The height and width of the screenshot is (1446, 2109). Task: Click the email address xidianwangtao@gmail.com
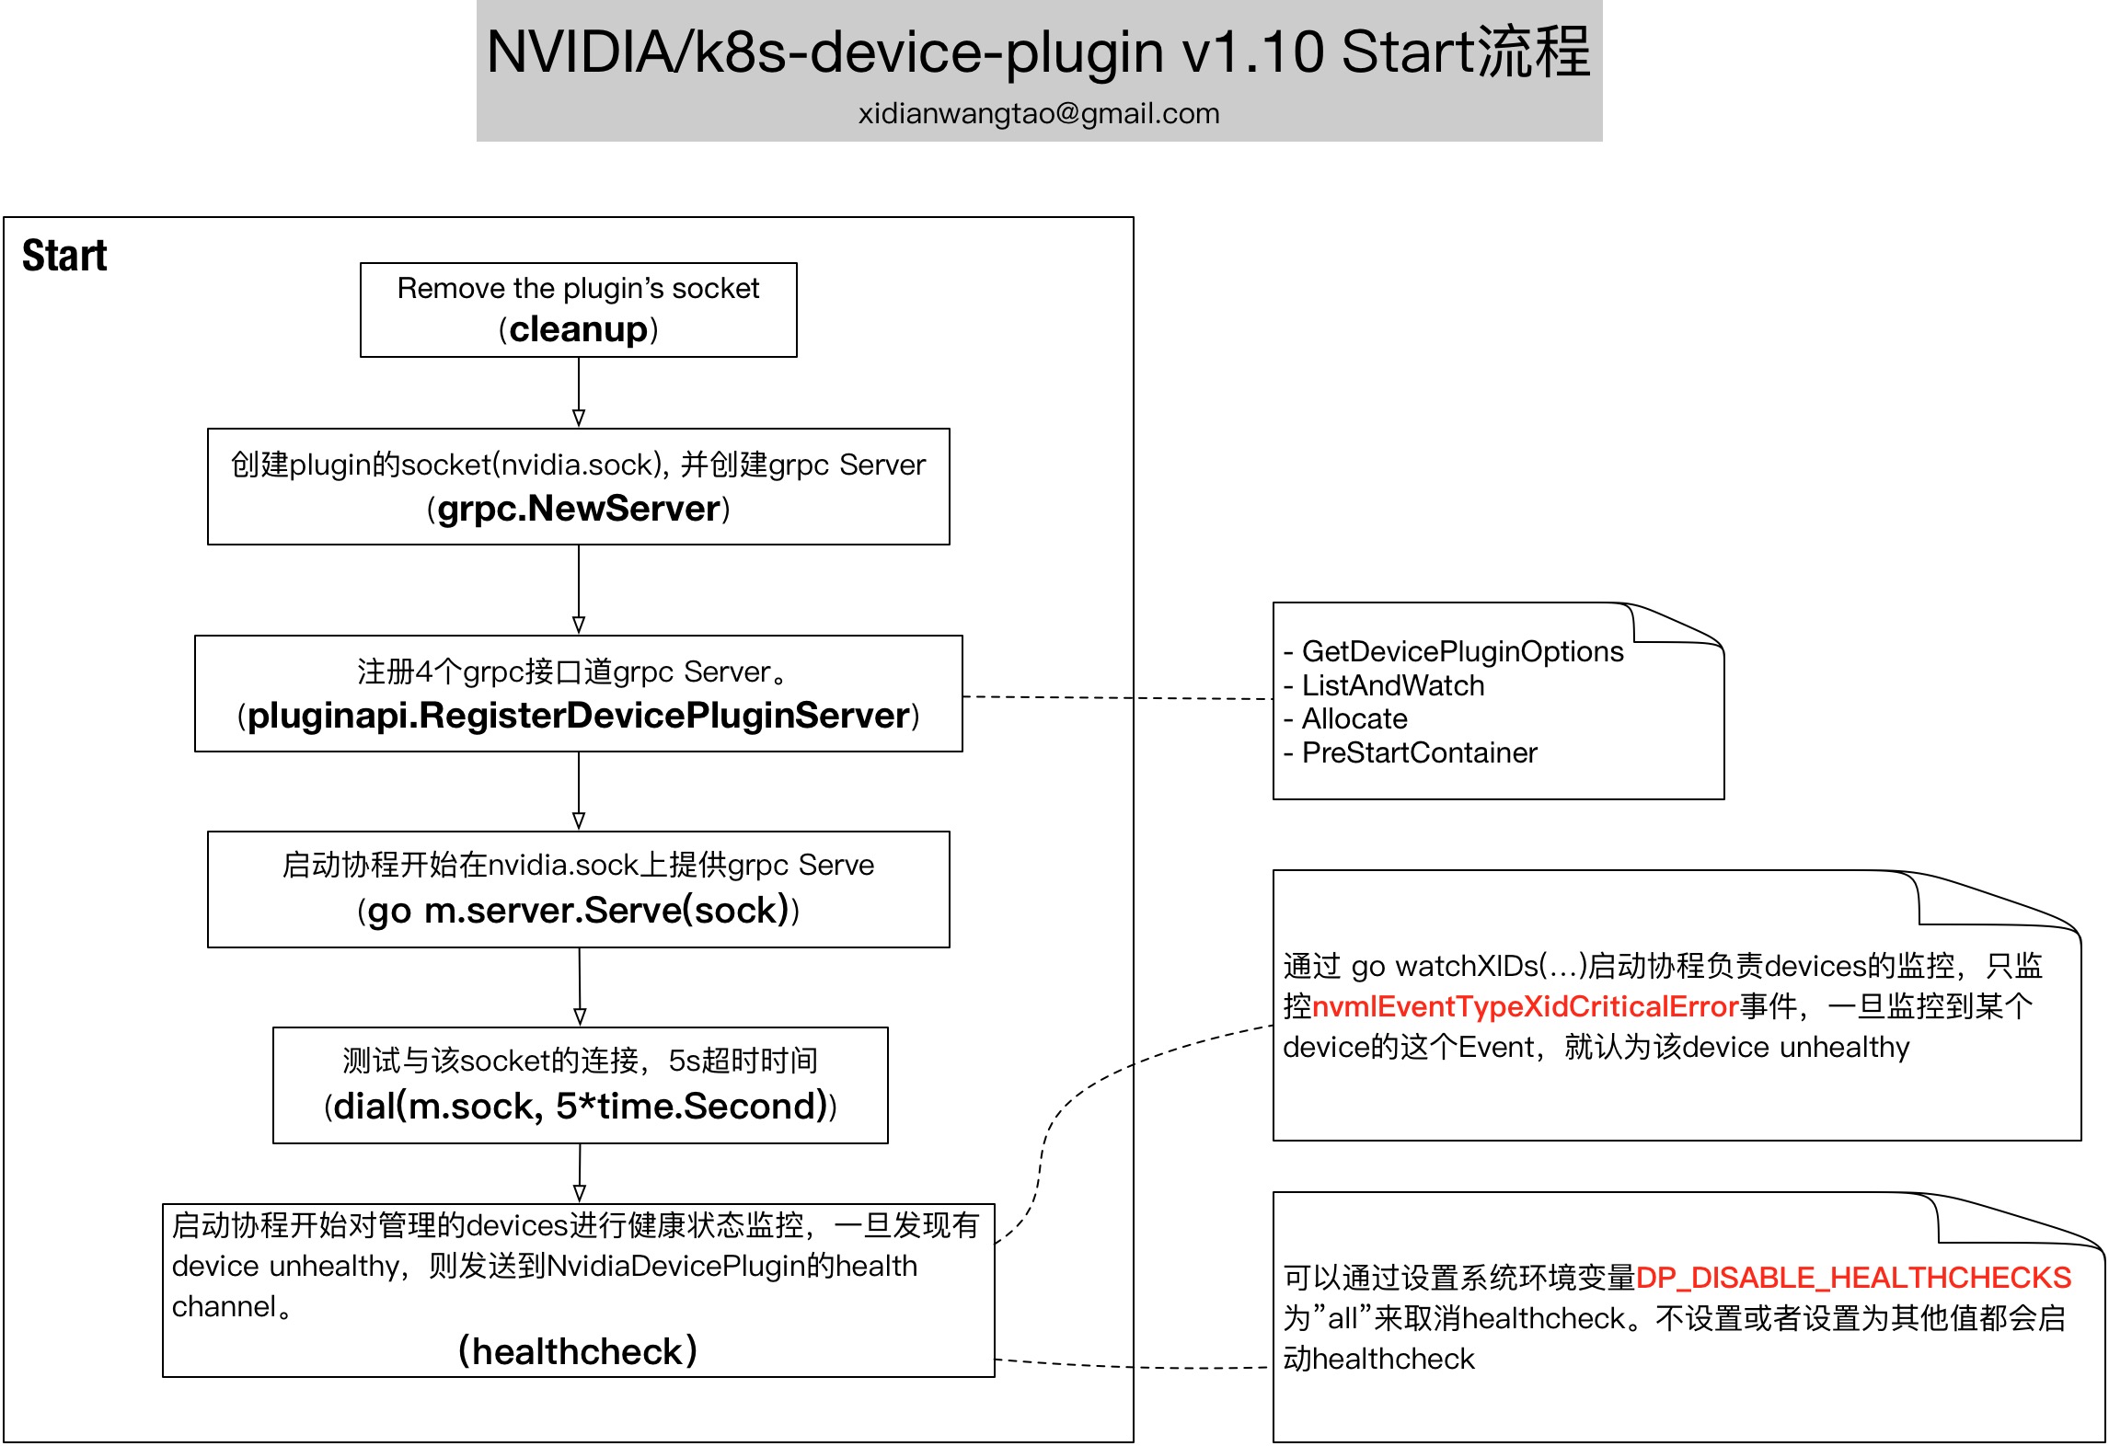1039,113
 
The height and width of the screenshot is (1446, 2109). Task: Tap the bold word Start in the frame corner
64,256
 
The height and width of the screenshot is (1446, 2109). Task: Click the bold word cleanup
579,329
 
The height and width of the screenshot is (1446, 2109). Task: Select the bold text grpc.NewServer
579,509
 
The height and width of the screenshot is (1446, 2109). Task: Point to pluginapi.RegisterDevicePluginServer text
579,716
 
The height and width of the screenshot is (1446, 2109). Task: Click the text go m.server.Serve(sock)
579,911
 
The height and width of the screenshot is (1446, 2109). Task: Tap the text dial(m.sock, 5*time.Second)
581,1107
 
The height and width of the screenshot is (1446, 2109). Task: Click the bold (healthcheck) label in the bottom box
578,1351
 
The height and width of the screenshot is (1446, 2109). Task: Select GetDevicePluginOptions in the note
1463,651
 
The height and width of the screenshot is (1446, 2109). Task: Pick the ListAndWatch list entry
1393,685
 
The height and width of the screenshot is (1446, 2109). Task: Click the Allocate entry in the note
1354,718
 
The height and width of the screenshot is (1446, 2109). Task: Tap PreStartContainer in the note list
1420,752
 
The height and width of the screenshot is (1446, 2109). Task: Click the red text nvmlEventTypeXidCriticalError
1525,1006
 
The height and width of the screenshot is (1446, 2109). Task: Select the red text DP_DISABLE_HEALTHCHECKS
1853,1278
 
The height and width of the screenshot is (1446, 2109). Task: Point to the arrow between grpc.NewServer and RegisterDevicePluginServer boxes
579,590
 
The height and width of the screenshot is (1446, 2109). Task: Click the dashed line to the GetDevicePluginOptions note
1118,698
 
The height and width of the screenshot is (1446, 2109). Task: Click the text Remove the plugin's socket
578,288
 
